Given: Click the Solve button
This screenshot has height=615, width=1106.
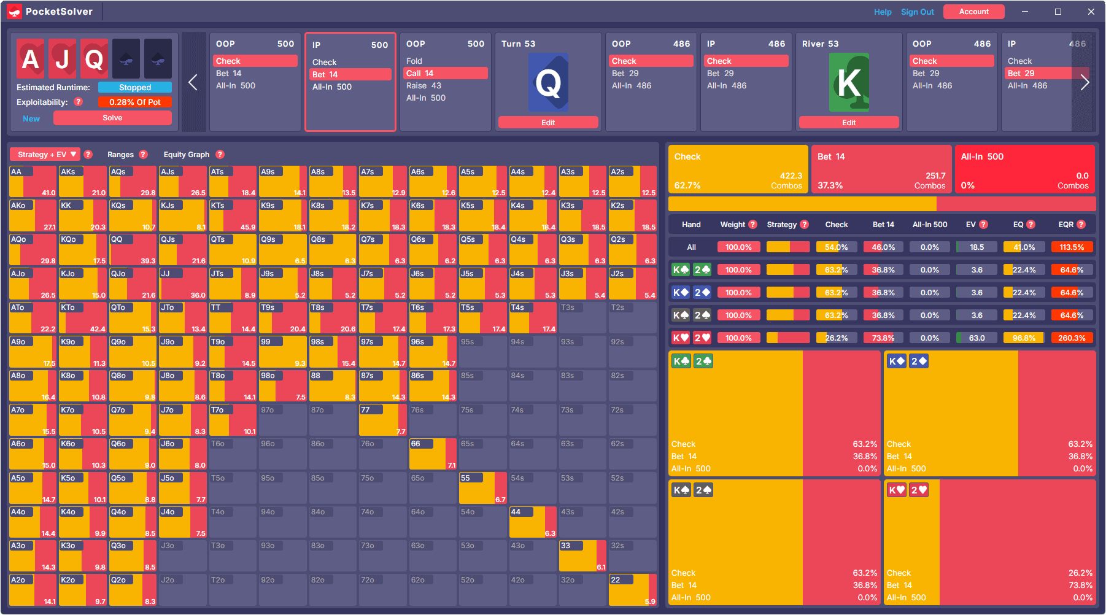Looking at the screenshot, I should [112, 118].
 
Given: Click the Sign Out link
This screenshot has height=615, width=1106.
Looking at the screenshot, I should [917, 12].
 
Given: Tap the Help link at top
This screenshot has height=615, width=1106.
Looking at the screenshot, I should [883, 12].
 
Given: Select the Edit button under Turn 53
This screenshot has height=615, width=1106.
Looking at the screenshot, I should [548, 123].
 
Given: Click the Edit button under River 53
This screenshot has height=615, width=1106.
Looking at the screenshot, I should [849, 123].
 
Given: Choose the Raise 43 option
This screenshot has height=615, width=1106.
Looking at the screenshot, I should [423, 86].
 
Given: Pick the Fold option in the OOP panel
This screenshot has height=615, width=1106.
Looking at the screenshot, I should [414, 61].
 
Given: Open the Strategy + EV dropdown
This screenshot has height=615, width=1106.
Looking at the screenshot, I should [47, 155].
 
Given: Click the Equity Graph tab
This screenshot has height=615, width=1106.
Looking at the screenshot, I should [187, 155].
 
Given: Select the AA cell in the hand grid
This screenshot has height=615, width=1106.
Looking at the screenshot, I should [33, 182].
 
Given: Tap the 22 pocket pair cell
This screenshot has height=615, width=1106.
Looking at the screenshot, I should [632, 590].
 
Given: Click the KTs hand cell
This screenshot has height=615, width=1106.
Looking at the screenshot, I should [233, 215].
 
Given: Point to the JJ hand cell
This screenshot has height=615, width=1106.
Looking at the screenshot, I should [182, 284].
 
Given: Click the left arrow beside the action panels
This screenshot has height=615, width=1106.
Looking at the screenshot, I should [193, 82].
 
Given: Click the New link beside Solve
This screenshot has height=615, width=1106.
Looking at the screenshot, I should [31, 118].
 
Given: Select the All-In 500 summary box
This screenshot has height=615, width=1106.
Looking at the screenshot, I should [1024, 169].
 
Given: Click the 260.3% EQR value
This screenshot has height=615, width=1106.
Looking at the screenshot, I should [1072, 338].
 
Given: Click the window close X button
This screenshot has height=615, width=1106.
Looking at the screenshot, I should [1091, 12].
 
